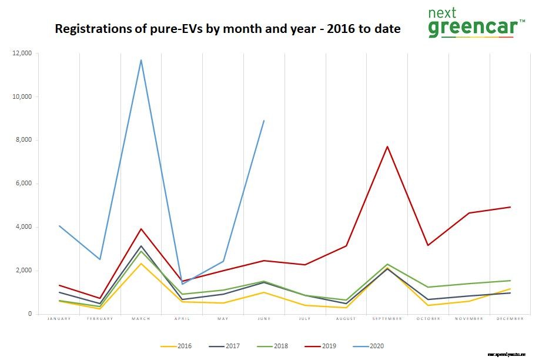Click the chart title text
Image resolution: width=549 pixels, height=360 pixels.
(x=227, y=29)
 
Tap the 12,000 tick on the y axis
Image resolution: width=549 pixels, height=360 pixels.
(x=22, y=54)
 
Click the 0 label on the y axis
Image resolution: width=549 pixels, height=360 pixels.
(x=30, y=314)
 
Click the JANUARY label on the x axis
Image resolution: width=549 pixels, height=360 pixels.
(x=59, y=319)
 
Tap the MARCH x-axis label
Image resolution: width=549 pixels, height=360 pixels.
(x=140, y=319)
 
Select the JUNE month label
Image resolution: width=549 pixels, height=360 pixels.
(x=264, y=319)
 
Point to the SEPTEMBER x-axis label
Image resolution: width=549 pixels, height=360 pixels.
(x=387, y=319)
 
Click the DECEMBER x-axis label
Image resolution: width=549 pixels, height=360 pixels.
(x=510, y=319)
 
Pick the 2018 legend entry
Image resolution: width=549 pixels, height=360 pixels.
(x=273, y=346)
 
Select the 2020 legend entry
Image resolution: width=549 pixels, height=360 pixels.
(x=369, y=346)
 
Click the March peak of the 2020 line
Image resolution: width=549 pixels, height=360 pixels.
(x=141, y=60)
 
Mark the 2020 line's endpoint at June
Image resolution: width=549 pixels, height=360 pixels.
(x=264, y=121)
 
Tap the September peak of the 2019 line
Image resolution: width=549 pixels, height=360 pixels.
(x=387, y=146)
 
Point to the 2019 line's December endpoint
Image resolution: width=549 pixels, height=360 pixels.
(x=510, y=207)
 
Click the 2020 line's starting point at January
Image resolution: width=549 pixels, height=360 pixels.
(x=59, y=226)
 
